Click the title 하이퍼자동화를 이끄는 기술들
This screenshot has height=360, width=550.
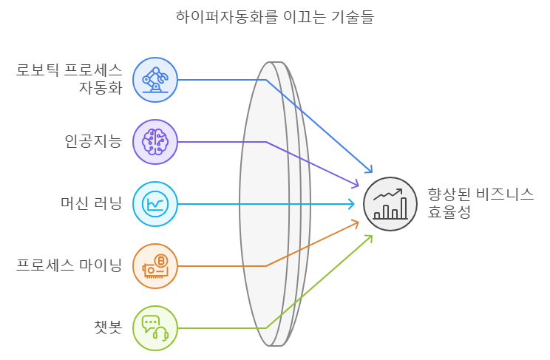click(275, 16)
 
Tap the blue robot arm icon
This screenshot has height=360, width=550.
click(155, 80)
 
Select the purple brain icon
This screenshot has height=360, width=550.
click(155, 142)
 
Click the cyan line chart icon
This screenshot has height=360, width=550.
click(155, 204)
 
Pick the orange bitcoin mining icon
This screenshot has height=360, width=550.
click(155, 266)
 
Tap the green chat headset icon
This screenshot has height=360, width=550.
click(155, 328)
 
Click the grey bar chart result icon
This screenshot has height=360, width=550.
click(390, 204)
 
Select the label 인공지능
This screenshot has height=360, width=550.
click(93, 141)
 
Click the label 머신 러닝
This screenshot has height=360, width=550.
click(91, 203)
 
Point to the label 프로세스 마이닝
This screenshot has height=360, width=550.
click(69, 265)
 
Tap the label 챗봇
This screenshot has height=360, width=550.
click(108, 327)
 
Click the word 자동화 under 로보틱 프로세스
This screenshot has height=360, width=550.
click(101, 88)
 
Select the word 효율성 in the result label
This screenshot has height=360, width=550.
click(449, 212)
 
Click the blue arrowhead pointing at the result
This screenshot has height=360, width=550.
click(369, 169)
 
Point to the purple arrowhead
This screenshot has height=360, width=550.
click(355, 183)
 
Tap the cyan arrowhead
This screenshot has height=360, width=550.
click(351, 204)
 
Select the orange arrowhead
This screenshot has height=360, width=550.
click(355, 224)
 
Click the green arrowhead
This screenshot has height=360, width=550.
click(369, 239)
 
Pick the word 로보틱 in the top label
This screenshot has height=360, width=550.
click(38, 70)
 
